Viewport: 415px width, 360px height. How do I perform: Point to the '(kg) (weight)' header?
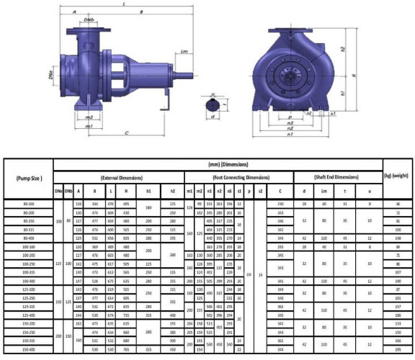click(398, 176)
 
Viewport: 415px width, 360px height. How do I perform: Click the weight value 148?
click(398, 238)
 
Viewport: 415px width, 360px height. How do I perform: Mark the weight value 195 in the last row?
click(398, 348)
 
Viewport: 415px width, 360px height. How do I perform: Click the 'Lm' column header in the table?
click(325, 192)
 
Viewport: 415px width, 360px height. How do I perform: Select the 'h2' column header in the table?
click(173, 192)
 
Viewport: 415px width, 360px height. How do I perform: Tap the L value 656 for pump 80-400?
click(110, 238)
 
